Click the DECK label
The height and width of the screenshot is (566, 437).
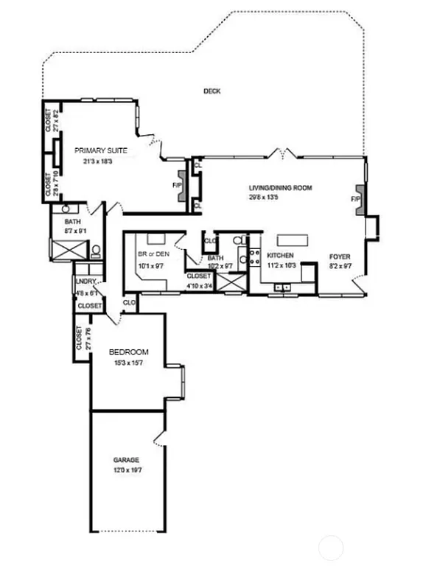212,91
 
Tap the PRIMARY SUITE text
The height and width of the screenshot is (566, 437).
100,150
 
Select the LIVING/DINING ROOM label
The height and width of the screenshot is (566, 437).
280,188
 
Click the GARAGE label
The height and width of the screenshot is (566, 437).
126,460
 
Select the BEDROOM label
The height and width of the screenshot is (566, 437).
129,352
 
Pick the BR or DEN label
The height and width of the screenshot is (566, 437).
153,254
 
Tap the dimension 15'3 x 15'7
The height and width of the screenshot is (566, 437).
129,363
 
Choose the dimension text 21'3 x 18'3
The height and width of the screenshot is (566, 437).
97,161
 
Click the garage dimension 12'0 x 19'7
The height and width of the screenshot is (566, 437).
126,469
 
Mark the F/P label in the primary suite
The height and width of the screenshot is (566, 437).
177,185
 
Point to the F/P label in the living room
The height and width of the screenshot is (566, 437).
355,199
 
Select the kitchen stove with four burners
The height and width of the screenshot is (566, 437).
254,258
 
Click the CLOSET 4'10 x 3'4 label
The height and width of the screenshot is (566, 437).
199,279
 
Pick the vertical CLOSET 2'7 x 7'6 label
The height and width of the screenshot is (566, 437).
80,338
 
